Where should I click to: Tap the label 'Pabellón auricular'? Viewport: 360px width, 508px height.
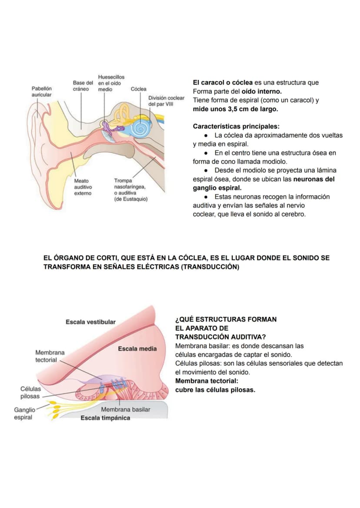pos(41,91)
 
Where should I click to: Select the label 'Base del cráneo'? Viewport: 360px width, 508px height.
pos(83,86)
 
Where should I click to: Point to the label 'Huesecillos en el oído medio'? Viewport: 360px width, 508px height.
pos(111,83)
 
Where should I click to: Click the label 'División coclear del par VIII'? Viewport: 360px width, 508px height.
pos(166,101)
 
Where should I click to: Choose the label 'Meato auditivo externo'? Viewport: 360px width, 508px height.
pos(83,187)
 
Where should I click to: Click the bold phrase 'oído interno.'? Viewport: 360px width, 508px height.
pos(262,91)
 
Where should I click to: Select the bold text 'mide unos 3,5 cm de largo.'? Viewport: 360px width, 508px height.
pos(235,109)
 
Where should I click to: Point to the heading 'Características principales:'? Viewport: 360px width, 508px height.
pos(236,126)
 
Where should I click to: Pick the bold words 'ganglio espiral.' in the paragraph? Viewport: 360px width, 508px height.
pos(217,188)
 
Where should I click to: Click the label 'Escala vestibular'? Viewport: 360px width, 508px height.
pos(91,322)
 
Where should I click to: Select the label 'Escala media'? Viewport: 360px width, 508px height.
pos(137,349)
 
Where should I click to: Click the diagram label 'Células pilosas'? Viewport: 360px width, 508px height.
pos(30,392)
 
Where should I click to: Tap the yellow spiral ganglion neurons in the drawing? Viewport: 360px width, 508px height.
pos(54,408)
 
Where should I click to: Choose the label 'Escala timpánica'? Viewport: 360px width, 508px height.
pos(105,418)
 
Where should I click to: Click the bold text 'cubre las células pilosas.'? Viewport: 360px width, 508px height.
pos(215,390)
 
